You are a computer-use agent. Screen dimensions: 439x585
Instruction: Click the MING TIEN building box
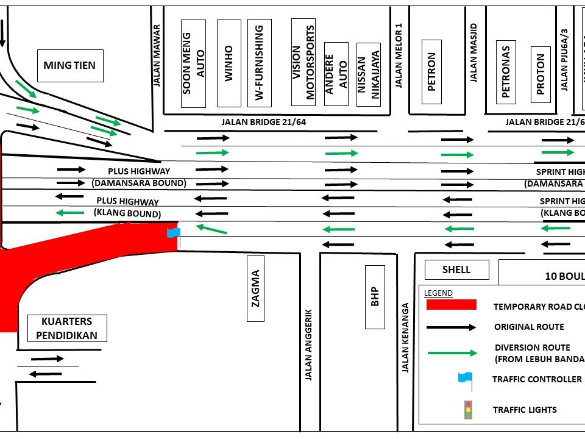[x=69, y=65]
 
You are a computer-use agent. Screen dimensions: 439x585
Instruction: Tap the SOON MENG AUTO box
[x=194, y=63]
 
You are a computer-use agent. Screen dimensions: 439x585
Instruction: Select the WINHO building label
[x=229, y=63]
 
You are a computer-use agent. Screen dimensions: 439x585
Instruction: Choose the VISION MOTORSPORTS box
[x=303, y=62]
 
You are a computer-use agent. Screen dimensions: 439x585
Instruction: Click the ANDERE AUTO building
[x=336, y=74]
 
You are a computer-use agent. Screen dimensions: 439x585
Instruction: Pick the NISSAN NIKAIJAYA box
[x=368, y=74]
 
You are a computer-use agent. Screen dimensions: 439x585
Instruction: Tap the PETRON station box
[x=432, y=71]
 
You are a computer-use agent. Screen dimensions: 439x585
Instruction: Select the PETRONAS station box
[x=505, y=71]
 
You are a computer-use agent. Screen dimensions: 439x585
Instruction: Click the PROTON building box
[x=541, y=74]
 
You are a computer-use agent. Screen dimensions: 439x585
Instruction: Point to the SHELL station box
[x=456, y=269]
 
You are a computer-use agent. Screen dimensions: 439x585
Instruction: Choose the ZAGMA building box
[x=256, y=288]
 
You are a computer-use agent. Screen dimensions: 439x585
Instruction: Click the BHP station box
[x=375, y=297]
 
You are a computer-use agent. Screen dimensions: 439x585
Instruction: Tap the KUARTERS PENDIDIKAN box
[x=67, y=328]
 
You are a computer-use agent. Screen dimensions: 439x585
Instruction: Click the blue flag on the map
[x=174, y=232]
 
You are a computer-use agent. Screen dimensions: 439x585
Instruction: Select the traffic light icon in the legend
[x=468, y=409]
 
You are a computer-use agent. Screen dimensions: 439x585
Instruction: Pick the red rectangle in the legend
[x=451, y=305]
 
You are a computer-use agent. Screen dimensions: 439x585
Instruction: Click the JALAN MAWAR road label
[x=157, y=55]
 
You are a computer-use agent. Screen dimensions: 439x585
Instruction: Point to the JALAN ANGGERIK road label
[x=308, y=344]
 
